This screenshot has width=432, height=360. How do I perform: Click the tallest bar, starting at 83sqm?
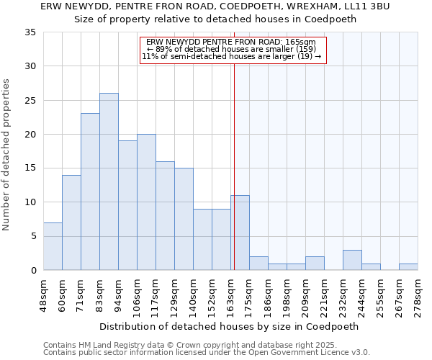[x=109, y=181]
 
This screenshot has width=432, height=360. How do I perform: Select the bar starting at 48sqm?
[x=53, y=246]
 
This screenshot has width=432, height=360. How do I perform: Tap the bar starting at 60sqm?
[x=71, y=222]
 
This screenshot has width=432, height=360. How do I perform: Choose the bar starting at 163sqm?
[x=240, y=233]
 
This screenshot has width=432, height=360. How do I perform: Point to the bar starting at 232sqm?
[x=352, y=260]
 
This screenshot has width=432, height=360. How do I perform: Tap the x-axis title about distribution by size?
[x=229, y=326]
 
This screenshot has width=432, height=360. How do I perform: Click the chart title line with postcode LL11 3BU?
[x=215, y=6]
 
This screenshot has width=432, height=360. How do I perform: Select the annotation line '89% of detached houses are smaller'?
[x=231, y=49]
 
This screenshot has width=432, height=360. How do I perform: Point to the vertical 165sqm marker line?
[x=234, y=158]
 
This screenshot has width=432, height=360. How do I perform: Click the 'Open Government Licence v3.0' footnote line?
[x=207, y=352]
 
